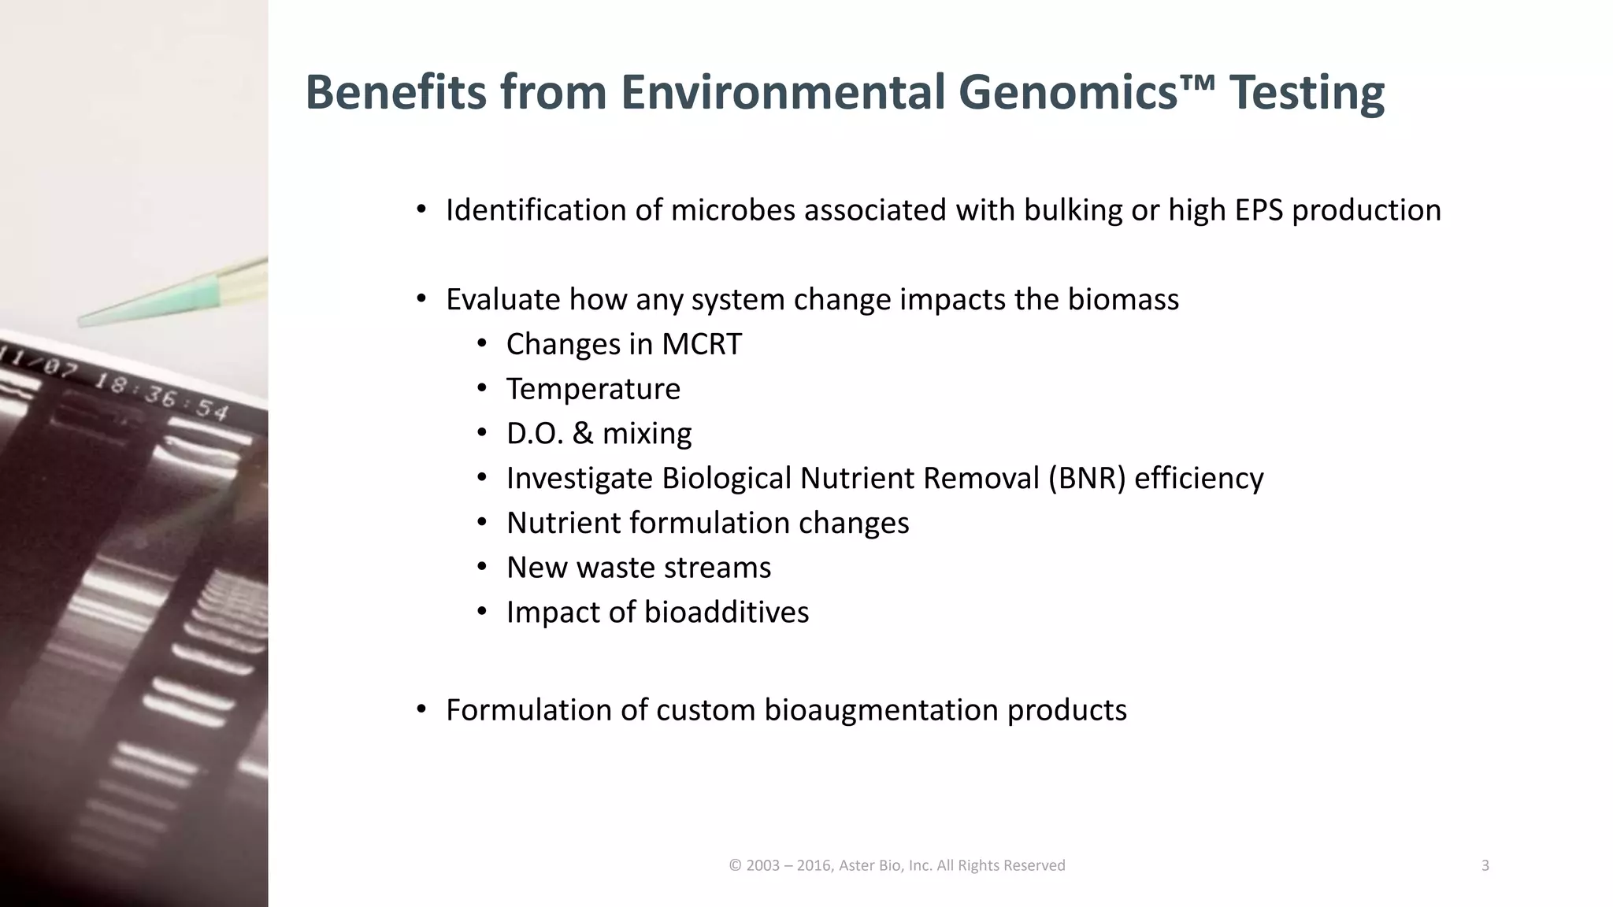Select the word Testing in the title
pos(1307,93)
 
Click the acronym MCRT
pos(701,344)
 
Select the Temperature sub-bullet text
pos(593,389)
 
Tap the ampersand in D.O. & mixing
pos(583,434)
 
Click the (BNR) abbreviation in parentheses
pos(1086,479)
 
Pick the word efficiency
pos(1199,479)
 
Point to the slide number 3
pos(1485,866)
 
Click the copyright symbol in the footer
pos(735,866)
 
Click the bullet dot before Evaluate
pos(421,299)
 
